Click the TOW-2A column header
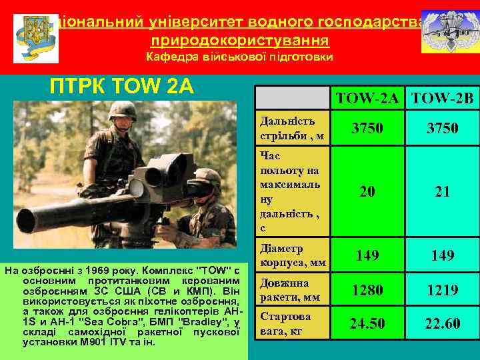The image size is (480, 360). pos(367,99)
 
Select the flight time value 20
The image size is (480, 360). pos(367,192)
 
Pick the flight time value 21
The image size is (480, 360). pos(443,192)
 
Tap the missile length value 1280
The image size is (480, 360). pos(367,290)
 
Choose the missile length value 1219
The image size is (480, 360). pos(443,290)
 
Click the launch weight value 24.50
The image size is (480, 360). pos(367,324)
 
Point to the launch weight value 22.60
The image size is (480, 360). pos(443,324)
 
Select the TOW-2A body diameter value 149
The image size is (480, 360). pos(367,255)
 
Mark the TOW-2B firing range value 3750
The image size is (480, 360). pos(443,127)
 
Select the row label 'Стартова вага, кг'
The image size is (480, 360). pos(287,323)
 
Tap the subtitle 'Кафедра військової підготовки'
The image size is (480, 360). pos(239,57)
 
